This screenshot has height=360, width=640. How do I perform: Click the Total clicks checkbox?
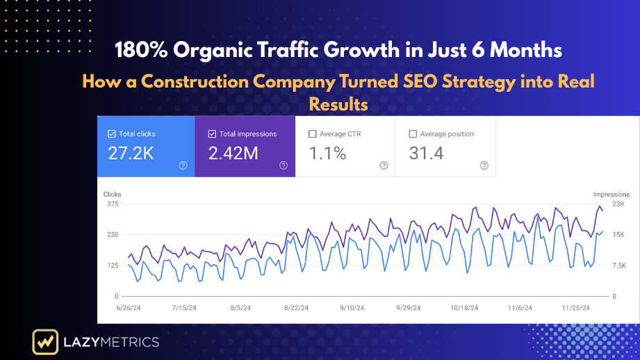pos(112,134)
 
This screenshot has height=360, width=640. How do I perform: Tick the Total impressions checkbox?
pos(212,134)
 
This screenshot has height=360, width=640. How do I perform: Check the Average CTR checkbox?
pos(312,134)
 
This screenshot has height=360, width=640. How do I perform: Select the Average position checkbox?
pos(413,134)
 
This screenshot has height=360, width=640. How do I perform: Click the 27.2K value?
pos(131,154)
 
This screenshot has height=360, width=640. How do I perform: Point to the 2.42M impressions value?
pos(233,154)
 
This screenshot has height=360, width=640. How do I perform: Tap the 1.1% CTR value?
pos(327,154)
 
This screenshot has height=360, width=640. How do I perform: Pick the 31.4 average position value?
pos(426,154)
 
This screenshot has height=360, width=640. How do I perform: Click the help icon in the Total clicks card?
pos(183,165)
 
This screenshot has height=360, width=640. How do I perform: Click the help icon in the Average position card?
pos(484,165)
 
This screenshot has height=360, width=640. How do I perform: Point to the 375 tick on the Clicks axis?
pos(112,204)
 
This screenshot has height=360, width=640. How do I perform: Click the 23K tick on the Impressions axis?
pos(619,204)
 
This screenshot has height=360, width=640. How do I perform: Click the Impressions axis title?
pos(611,194)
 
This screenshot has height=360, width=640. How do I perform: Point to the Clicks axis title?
pos(113,194)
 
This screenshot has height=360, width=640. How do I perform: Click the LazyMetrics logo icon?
pos(44,342)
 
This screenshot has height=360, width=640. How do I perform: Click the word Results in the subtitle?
pos(338,104)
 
